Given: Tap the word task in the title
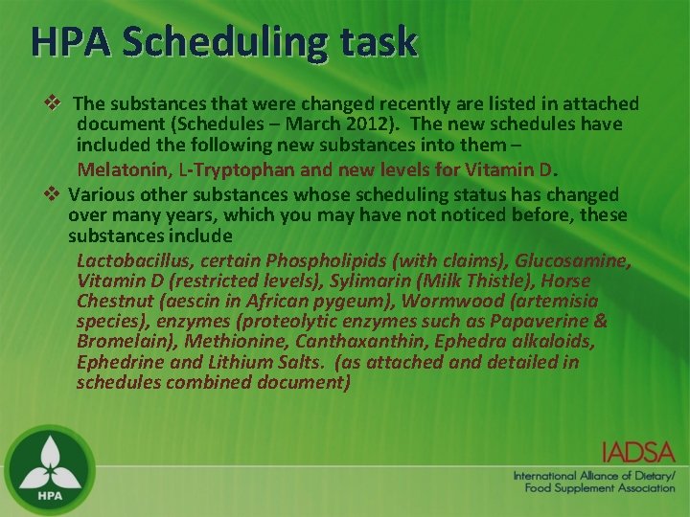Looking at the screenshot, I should (x=381, y=41).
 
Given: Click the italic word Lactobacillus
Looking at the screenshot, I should (x=131, y=260).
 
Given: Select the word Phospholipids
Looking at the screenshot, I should (x=326, y=260).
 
